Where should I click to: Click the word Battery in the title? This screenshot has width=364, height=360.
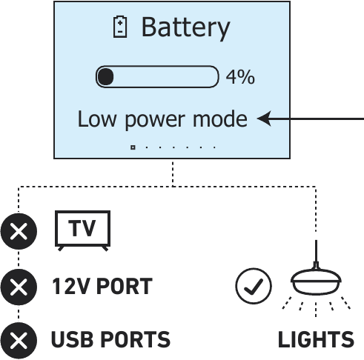tap(185, 28)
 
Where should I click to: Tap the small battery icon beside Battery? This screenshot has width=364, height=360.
tap(120, 28)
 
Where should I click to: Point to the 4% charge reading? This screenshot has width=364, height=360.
tap(240, 76)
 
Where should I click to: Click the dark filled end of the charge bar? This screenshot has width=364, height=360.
tap(105, 76)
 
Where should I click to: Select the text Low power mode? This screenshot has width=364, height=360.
tap(162, 119)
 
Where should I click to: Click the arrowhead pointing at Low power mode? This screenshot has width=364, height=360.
tap(264, 119)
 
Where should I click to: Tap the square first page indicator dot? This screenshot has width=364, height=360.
tap(133, 147)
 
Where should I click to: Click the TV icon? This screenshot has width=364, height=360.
tap(83, 230)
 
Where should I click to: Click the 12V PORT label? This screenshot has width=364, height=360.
tap(102, 286)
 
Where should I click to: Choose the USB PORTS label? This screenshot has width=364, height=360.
tap(110, 340)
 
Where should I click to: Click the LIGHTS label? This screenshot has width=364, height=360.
tap(316, 340)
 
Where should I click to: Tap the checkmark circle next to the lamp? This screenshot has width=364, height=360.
tap(253, 287)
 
